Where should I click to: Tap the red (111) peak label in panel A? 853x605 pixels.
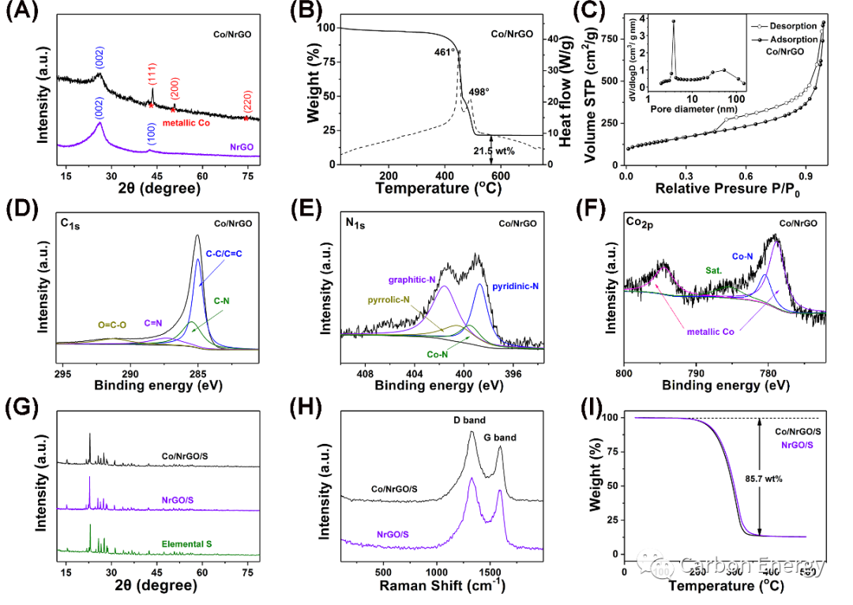151,77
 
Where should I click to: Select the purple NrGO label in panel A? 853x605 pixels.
242,147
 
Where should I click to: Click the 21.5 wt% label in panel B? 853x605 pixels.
494,151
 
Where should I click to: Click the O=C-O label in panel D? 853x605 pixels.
115,322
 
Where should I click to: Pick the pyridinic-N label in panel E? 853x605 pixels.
514,285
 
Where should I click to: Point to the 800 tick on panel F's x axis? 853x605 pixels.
625,372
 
